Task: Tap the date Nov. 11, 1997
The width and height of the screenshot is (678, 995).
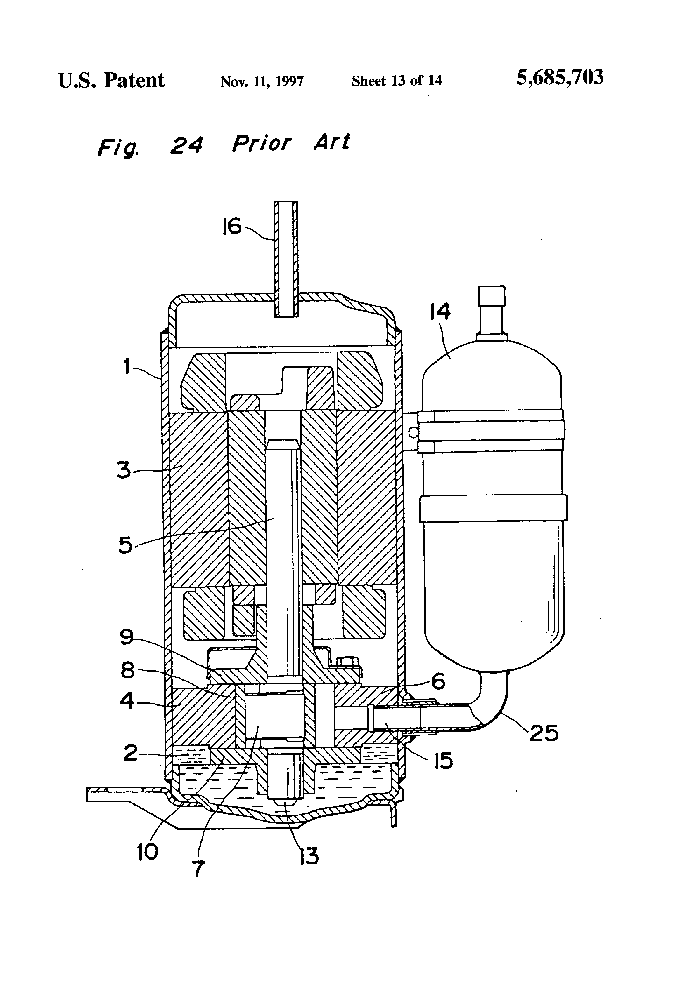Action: [x=262, y=81]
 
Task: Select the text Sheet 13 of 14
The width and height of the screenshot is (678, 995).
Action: [x=397, y=81]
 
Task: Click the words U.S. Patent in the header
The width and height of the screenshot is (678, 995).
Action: [x=111, y=81]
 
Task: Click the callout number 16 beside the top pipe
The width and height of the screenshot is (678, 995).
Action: [x=232, y=227]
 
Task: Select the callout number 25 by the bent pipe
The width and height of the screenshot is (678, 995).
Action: [x=544, y=733]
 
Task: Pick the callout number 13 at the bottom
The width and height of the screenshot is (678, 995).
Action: [x=309, y=856]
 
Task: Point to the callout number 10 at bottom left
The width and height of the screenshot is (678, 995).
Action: [x=147, y=852]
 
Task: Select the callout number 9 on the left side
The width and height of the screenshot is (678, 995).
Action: [x=127, y=637]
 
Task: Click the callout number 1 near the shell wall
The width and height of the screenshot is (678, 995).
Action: [x=127, y=366]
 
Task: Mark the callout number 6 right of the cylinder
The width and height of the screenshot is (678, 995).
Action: [x=438, y=681]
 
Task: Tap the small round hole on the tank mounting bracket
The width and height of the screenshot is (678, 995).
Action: [x=413, y=433]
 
